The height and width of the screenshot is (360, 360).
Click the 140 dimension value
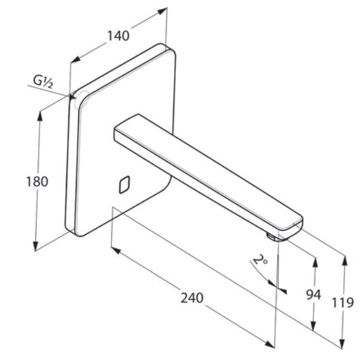coord(118,36)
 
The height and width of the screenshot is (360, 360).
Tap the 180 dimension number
coord(36,181)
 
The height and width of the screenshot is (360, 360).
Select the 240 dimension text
coord(192,298)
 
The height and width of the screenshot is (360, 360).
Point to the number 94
coord(313,295)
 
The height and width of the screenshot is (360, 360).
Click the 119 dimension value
coord(343,303)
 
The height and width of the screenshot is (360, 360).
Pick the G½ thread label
coord(43,82)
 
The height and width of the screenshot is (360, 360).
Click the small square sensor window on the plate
coord(124,185)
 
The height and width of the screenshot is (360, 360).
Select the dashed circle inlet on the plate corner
coord(82,99)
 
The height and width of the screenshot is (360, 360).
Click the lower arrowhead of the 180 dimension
coord(35,246)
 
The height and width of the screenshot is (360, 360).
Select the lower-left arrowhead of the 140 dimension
coord(75,59)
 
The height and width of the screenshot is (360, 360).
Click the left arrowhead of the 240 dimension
coord(116,251)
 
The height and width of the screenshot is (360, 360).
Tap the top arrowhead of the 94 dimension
coord(315,263)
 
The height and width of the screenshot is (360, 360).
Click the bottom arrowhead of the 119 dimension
coord(342,343)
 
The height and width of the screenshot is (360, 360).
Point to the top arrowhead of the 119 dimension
coord(345,261)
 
